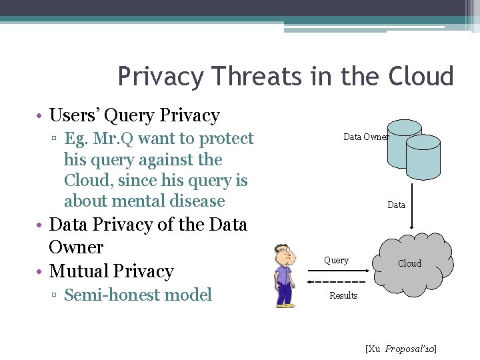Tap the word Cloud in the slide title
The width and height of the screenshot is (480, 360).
418,77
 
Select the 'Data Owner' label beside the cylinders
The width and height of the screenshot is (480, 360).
366,137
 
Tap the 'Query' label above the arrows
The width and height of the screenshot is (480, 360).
336,260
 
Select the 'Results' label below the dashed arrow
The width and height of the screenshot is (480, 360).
343,295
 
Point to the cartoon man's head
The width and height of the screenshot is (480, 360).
285,254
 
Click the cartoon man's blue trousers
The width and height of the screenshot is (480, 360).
287,293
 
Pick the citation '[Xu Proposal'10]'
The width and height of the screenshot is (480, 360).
401,349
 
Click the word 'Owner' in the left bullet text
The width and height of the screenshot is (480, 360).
76,247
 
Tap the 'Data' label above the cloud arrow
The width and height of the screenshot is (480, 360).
396,205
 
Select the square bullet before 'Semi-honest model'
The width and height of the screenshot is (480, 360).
55,295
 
